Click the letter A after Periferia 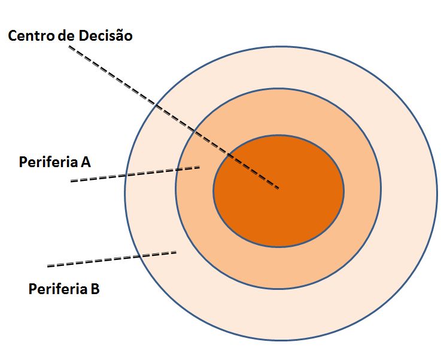[86, 162]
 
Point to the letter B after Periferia [95, 289]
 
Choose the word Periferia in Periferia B [57, 289]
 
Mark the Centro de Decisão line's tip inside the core [278, 188]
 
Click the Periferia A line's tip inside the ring [199, 168]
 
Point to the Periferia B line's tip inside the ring [176, 252]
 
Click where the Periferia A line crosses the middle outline [177, 171]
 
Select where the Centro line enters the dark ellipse [229, 156]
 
